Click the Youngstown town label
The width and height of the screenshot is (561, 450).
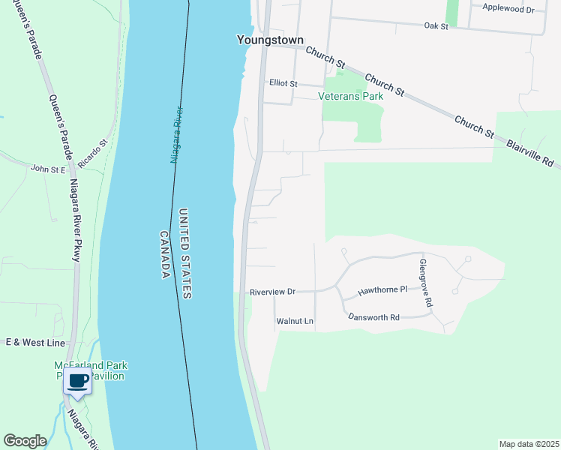coord(269,40)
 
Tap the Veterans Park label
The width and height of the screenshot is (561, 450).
coord(351,96)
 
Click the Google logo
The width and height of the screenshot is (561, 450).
coord(25,441)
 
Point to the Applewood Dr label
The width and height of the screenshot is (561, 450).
coord(508,9)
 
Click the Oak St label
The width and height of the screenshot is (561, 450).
coord(436,25)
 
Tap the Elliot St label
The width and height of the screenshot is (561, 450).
coord(284,83)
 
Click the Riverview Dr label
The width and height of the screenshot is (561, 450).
coord(273,291)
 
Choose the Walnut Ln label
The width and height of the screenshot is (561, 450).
coord(295,321)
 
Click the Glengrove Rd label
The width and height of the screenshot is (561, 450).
coord(425,283)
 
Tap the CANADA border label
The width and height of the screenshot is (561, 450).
coord(164,255)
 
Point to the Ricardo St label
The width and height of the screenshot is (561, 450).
coord(93,152)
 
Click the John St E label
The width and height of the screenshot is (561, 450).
coord(49,169)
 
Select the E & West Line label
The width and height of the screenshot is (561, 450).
coord(35,343)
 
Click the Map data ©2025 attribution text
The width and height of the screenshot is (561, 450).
coord(529,443)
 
